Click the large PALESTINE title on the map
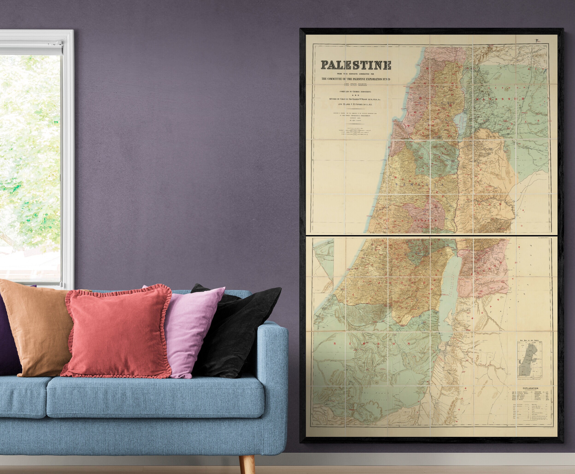coord(356,65)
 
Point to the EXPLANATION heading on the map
coord(531,388)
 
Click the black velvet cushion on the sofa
coord(238,330)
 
